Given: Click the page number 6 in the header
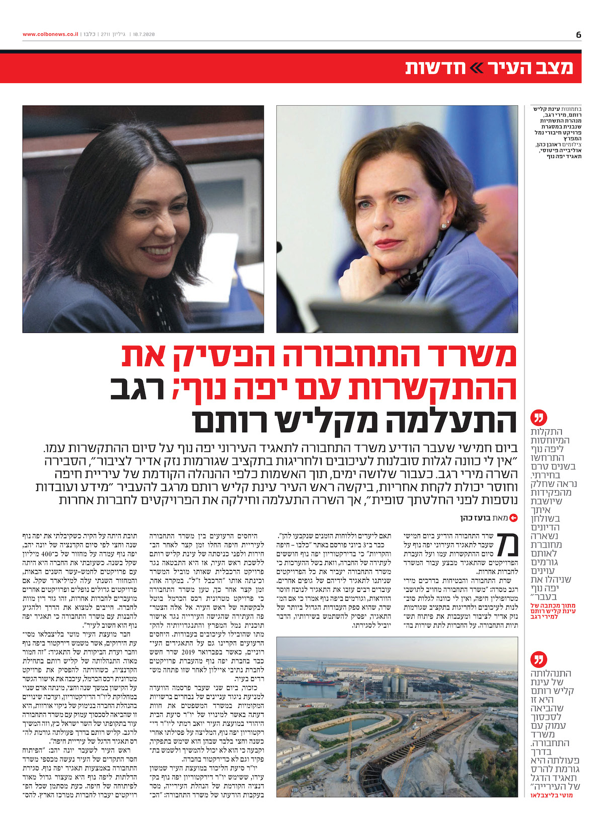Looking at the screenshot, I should point(578,34).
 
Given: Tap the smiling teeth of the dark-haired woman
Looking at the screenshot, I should point(156,250).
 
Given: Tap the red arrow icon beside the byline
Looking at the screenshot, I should point(513,517).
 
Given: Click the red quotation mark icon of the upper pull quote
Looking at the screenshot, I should point(539,418).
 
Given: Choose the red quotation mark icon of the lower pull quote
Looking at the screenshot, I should point(539,659).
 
